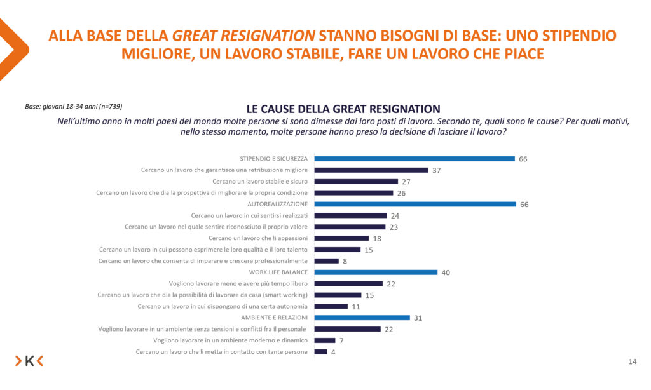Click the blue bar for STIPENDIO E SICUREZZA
pos(415,159)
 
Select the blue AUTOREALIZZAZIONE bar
pos(416,204)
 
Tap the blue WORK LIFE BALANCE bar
pos(376,272)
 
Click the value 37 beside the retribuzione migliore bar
pos(437,170)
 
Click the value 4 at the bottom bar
pos(333,352)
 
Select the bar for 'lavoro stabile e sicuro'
pos(357,181)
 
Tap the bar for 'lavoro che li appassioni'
pos(342,238)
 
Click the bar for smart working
pos(338,295)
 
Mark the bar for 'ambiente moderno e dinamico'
pos(325,340)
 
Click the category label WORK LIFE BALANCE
pos(275,272)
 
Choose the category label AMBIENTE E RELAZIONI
pos(275,318)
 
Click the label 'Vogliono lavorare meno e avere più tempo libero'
pos(238,283)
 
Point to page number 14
pos(632,362)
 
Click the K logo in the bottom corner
pos(29,361)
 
